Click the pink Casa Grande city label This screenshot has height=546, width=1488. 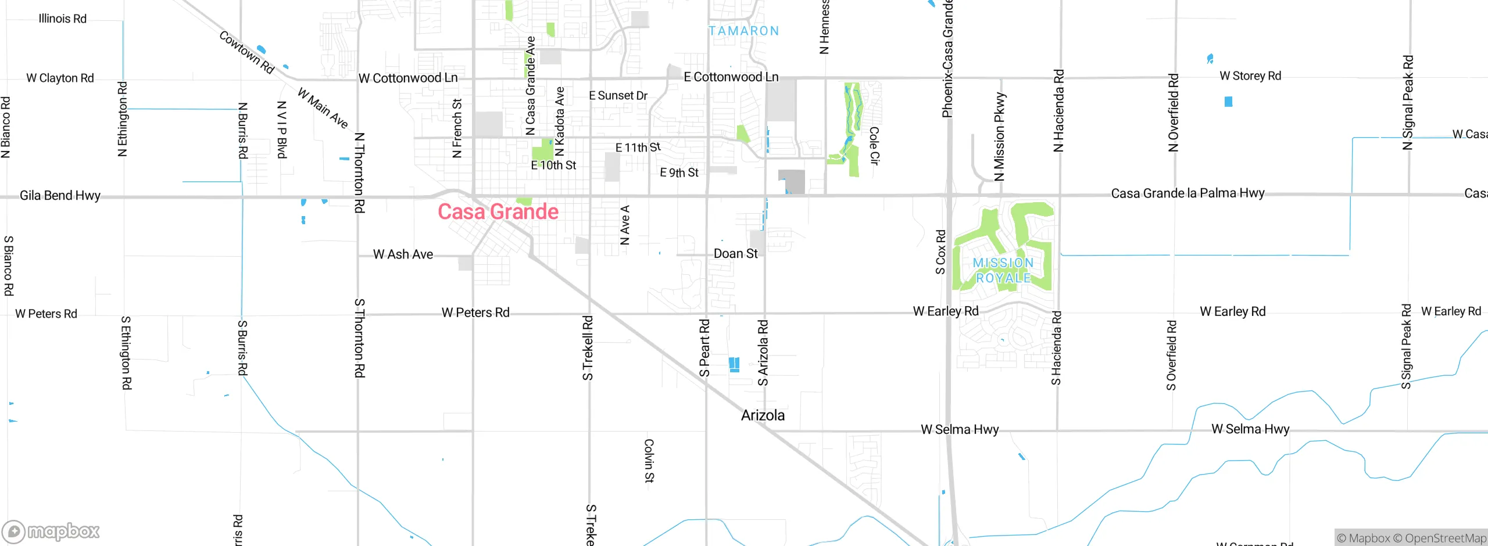tap(498, 212)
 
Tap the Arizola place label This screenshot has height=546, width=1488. tap(763, 415)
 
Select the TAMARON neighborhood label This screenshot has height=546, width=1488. tap(743, 31)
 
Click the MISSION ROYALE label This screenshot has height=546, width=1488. tap(1003, 271)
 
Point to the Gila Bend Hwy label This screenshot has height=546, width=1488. tap(60, 196)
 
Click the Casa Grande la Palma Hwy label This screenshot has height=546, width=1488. tap(1187, 193)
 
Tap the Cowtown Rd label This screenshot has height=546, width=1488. tap(246, 52)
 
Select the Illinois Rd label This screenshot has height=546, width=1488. tap(62, 19)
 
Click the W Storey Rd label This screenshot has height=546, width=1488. tap(1250, 76)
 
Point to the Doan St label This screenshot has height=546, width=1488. tap(735, 254)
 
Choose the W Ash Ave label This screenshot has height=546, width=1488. tap(403, 254)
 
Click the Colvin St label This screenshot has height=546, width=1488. tap(649, 461)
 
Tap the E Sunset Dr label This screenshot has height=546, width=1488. tap(618, 96)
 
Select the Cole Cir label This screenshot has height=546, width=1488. tap(874, 146)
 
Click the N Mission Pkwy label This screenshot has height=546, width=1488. tap(999, 137)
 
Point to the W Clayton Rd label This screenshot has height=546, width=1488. tap(60, 78)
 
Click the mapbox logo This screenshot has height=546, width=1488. tap(51, 531)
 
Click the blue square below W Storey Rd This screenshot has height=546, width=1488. tap(1228, 102)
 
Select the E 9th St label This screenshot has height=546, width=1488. tap(679, 173)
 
